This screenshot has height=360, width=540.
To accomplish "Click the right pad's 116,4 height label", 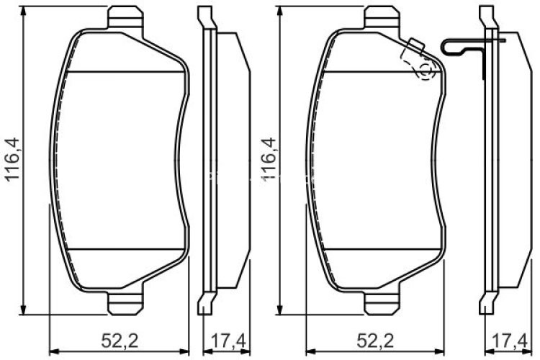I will click(269, 161).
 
